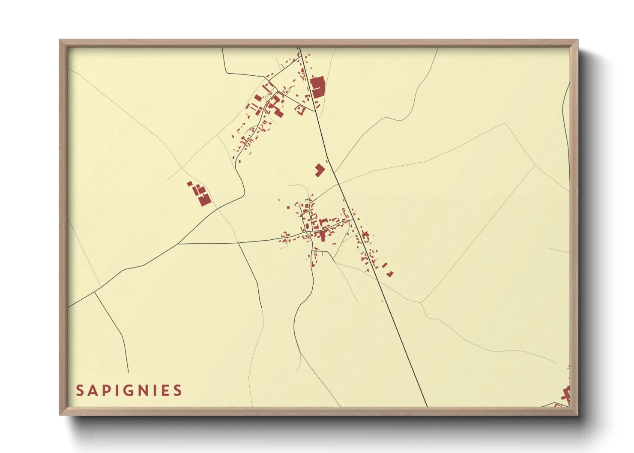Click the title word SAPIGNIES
click(x=129, y=390)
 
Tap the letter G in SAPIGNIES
click(x=129, y=390)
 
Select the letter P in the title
click(x=105, y=390)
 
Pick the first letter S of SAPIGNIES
click(x=80, y=390)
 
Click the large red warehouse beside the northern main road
click(x=317, y=87)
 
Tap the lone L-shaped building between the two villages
click(x=320, y=170)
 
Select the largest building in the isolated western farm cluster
click(x=205, y=200)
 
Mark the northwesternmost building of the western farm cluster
click(x=190, y=184)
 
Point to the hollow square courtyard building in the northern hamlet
click(x=300, y=110)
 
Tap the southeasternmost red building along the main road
click(x=390, y=274)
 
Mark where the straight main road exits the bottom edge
click(x=427, y=406)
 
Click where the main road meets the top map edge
click(x=299, y=48)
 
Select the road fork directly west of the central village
click(x=178, y=244)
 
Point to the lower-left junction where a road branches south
click(x=94, y=293)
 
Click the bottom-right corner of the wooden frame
click(x=577, y=414)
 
